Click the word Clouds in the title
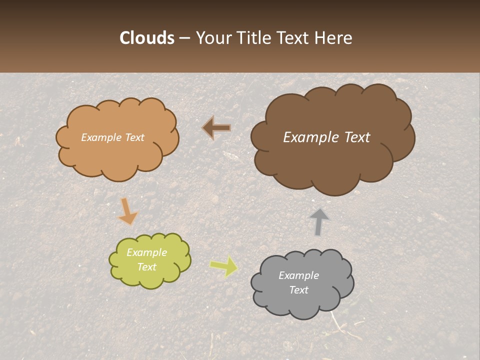[147, 38]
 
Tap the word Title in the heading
[254, 38]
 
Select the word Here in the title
[334, 38]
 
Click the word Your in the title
[213, 38]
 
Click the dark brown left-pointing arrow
[216, 128]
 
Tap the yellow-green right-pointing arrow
[224, 266]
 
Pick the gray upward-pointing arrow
[318, 221]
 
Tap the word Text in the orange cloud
[133, 137]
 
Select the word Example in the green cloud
[146, 252]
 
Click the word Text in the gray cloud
[298, 290]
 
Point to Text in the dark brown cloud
[356, 137]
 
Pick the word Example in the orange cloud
[101, 137]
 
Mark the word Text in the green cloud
[146, 267]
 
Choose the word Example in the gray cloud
[298, 275]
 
